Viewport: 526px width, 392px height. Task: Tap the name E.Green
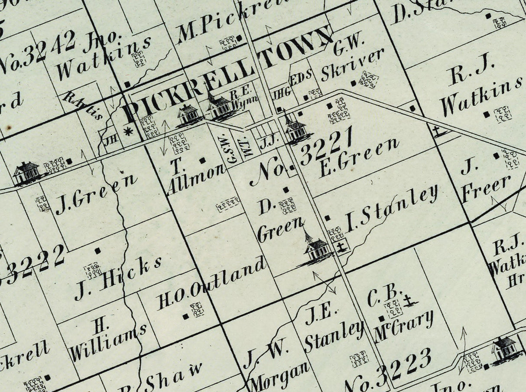358,159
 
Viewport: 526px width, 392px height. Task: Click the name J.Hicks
118,276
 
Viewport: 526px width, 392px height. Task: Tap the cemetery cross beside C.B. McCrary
409,300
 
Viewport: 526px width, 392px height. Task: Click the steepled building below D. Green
315,249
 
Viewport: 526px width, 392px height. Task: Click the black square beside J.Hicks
98,250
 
